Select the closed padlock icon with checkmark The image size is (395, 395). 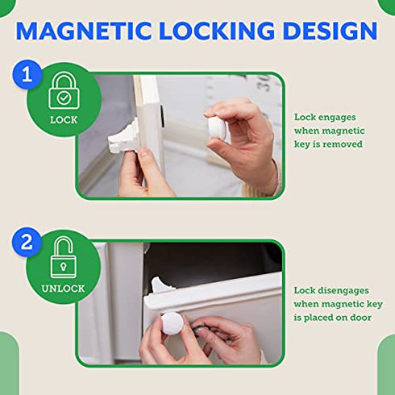(x=63, y=94)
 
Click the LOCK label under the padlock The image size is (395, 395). (x=64, y=119)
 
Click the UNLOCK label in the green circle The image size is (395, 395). (x=63, y=289)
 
